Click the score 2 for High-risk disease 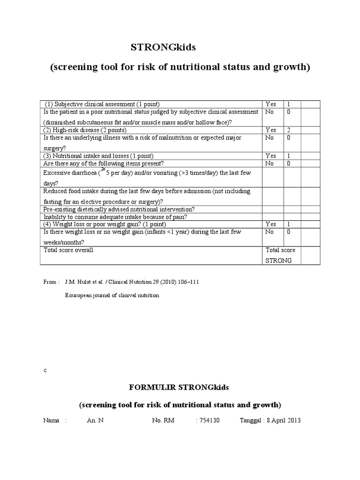pyautogui.click(x=289, y=130)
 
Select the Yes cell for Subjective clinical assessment pyautogui.click(x=271, y=104)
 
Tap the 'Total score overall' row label pyautogui.click(x=68, y=250)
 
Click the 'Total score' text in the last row pyautogui.click(x=280, y=250)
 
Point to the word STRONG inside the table pyautogui.click(x=278, y=260)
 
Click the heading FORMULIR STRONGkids pyautogui.click(x=180, y=388)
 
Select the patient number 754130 pyautogui.click(x=208, y=420)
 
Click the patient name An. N pyautogui.click(x=95, y=420)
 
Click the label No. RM pyautogui.click(x=163, y=420)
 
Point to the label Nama pyautogui.click(x=51, y=420)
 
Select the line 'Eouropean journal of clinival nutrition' pyautogui.click(x=112, y=295)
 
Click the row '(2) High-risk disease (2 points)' pyautogui.click(x=85, y=130)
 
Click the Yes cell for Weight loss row pyautogui.click(x=271, y=224)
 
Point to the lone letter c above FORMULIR pyautogui.click(x=45, y=370)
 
